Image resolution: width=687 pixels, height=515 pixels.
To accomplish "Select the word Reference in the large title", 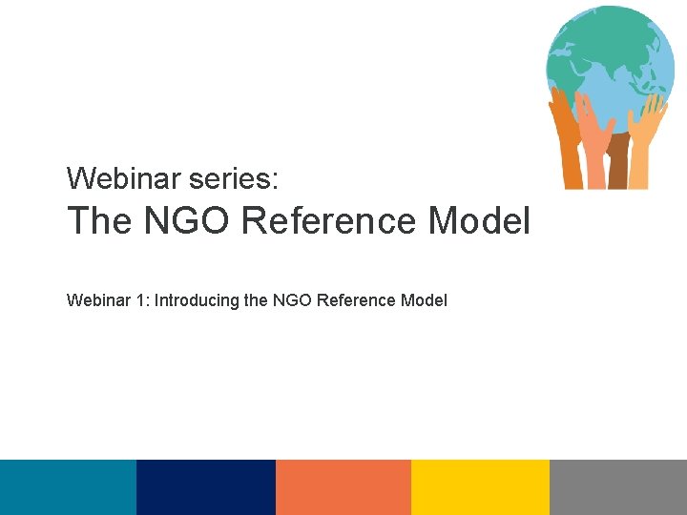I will point(330,221).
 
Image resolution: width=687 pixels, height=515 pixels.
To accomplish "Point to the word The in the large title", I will point(99,221).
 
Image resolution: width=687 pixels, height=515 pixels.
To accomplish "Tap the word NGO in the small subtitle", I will point(291,300).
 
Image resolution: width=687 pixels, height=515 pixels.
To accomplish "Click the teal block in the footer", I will point(68,487).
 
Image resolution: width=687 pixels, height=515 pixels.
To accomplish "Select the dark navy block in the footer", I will point(206,487).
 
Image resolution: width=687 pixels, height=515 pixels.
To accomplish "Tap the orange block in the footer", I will point(343,487).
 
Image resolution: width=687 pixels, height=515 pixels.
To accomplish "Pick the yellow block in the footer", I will point(480,487).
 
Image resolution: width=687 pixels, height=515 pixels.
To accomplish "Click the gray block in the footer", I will point(618,487).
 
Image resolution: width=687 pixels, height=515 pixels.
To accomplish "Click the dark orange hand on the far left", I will point(569,143).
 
